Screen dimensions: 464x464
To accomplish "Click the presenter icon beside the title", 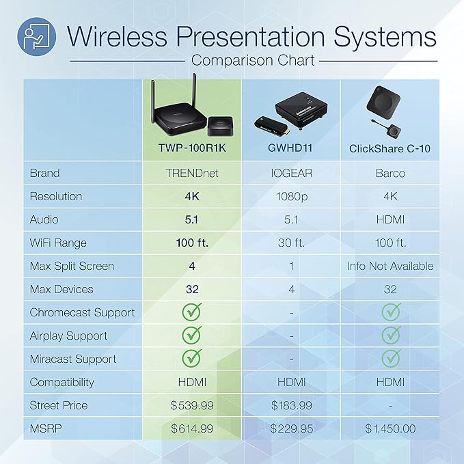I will (35, 35).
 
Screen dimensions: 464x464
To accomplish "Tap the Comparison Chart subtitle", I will (253, 60).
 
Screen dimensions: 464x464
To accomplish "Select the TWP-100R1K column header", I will (192, 148).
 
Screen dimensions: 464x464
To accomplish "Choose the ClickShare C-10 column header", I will (390, 148).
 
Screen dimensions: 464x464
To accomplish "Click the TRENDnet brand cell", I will (192, 173).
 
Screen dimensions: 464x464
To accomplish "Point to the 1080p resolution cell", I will (292, 196).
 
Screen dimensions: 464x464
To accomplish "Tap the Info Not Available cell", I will (390, 266).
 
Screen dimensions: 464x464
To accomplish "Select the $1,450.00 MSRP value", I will (390, 428).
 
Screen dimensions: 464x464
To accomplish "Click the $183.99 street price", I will (292, 405).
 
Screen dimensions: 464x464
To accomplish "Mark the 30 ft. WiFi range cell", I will (292, 243).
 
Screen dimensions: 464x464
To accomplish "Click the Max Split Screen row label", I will (72, 266).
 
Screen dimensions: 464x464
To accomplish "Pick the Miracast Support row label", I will (73, 359).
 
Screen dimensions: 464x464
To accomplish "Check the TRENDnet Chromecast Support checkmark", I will (192, 312).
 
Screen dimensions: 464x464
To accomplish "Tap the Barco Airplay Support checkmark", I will (390, 336).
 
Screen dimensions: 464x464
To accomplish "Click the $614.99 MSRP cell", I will (192, 428).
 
